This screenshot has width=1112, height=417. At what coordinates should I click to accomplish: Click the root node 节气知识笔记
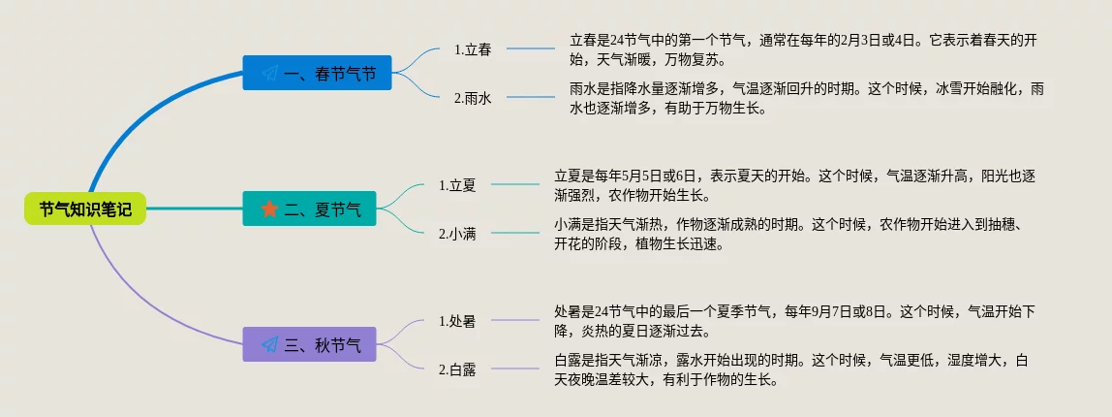85,208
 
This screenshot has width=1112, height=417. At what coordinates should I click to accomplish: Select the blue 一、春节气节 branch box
318,73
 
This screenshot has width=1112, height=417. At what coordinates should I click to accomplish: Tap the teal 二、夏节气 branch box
310,208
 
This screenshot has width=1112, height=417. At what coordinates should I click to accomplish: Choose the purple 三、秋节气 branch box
310,344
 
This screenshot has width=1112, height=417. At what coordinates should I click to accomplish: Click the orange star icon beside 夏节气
269,208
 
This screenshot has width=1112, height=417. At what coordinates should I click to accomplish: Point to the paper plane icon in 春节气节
269,73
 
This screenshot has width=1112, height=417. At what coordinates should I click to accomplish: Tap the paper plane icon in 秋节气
269,344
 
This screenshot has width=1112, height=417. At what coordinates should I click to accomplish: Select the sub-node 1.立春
473,49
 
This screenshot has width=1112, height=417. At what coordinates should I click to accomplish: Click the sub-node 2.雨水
473,97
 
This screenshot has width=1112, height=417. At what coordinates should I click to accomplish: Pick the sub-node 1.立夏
457,184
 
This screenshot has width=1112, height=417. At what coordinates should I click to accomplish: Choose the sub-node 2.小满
457,233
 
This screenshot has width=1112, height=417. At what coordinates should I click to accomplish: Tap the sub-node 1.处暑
457,320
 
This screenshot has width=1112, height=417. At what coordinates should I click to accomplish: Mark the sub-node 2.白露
457,369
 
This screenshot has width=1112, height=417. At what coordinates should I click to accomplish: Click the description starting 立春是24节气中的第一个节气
809,49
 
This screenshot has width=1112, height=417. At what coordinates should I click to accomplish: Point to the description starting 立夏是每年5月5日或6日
794,185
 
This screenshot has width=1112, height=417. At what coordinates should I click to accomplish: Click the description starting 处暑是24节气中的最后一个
794,321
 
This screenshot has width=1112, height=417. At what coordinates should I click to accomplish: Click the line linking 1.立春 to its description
530,48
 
